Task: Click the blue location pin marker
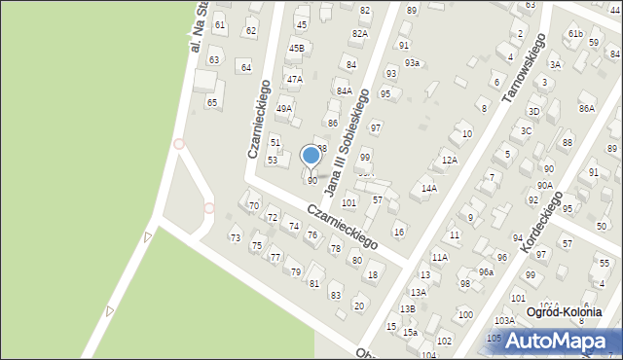click(x=311, y=156)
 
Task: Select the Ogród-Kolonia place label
click(x=564, y=312)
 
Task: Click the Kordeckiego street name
click(x=541, y=223)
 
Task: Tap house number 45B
click(x=296, y=48)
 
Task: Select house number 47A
click(x=294, y=79)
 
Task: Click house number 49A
click(x=284, y=109)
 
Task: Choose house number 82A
click(x=360, y=33)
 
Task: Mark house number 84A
click(x=344, y=90)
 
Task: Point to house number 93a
click(x=413, y=63)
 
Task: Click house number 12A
click(x=449, y=160)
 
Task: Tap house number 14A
click(x=428, y=189)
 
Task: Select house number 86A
click(x=586, y=109)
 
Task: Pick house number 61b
click(x=575, y=34)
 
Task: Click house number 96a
click(x=486, y=271)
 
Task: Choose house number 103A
click(x=504, y=320)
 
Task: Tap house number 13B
click(x=408, y=308)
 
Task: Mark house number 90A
click(x=545, y=185)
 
